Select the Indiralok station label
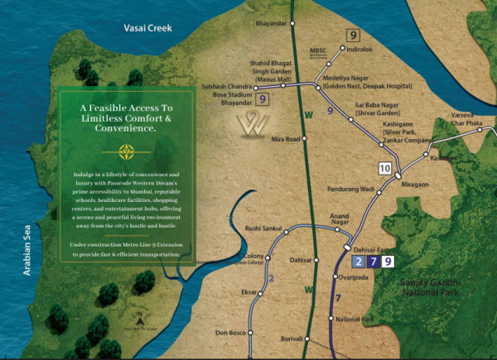click(x=364, y=50)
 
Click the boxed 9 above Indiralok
click(x=354, y=35)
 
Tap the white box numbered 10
click(x=384, y=168)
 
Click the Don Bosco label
click(x=233, y=333)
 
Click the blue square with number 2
click(x=358, y=262)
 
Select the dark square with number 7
click(x=374, y=262)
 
